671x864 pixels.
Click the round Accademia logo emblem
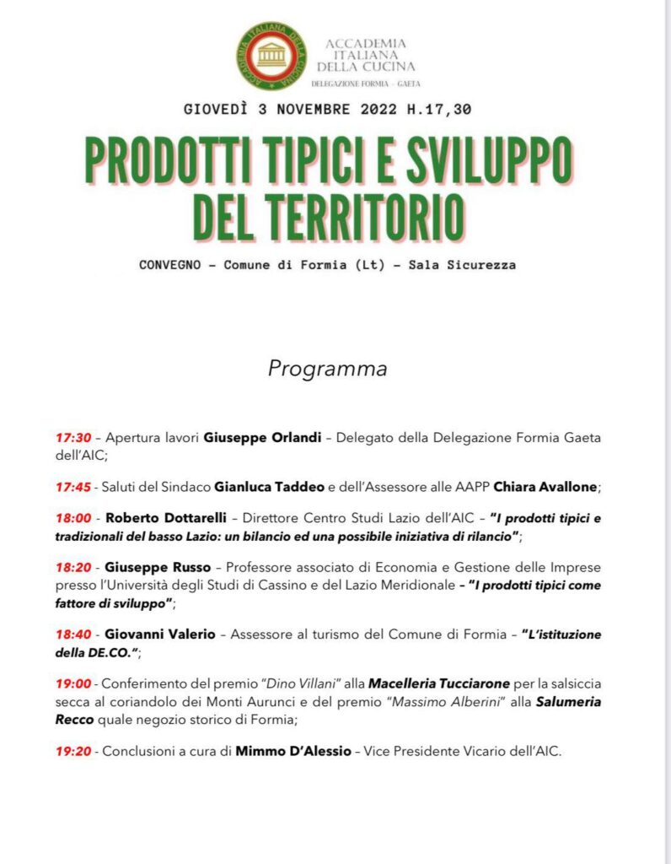pyautogui.click(x=271, y=57)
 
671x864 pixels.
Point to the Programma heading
pyautogui.click(x=328, y=369)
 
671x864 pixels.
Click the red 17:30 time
pyautogui.click(x=73, y=439)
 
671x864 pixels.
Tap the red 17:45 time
pyautogui.click(x=73, y=487)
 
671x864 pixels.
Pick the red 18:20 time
pyautogui.click(x=73, y=567)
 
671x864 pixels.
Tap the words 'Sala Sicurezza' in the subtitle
pyautogui.click(x=462, y=265)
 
